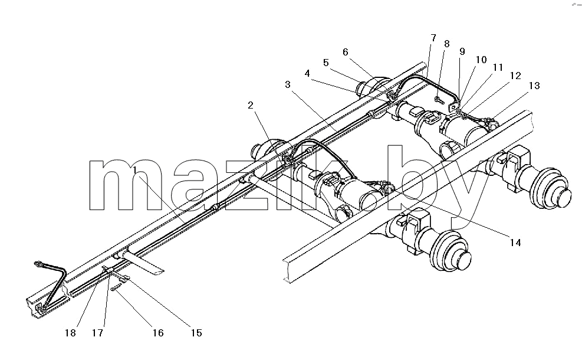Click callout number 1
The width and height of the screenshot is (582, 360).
(x=136, y=170)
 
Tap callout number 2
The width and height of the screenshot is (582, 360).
(x=251, y=105)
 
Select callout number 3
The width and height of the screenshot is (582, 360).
(x=288, y=85)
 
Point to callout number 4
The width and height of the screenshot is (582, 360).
(x=307, y=74)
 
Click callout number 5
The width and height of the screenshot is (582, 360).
(x=326, y=63)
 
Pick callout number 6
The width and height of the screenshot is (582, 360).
(x=345, y=52)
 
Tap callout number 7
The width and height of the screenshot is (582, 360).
(x=433, y=38)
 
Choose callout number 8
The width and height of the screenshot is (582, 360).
(x=446, y=44)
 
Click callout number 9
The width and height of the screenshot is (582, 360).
(x=462, y=52)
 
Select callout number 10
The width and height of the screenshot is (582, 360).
(x=481, y=60)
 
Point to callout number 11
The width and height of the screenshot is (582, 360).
(x=498, y=67)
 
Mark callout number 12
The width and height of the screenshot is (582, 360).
(x=515, y=76)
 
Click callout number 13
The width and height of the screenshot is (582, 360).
(x=534, y=86)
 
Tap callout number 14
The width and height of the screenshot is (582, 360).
(x=515, y=243)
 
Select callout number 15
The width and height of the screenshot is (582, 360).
(x=196, y=333)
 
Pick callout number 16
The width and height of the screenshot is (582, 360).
(x=158, y=333)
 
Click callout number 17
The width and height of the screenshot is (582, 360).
(x=98, y=333)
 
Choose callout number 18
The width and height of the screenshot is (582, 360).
(x=70, y=333)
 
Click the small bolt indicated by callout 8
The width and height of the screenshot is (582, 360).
(x=439, y=100)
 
